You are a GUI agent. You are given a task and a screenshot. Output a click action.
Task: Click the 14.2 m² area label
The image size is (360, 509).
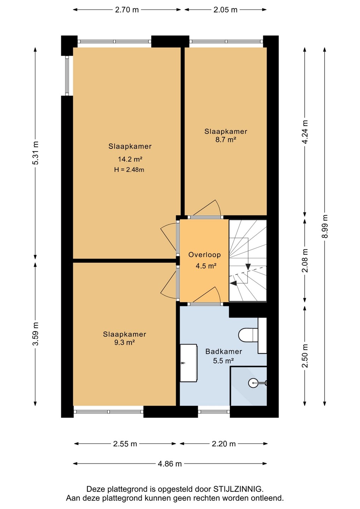coord(130,159)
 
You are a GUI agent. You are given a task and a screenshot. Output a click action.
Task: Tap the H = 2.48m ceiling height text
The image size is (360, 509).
coord(129,170)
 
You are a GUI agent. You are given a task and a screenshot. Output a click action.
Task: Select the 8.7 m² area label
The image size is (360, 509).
coord(226,140)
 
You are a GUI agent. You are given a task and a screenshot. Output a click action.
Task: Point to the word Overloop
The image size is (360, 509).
coord(204,255)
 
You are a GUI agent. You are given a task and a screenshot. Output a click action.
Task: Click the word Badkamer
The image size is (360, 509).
coord(223,351)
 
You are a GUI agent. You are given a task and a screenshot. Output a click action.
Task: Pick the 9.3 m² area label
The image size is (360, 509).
coord(124,342)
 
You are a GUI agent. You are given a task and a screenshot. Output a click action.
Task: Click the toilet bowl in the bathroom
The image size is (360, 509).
coord(248,335)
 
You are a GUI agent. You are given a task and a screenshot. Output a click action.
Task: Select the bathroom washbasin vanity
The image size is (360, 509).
coord(188,363)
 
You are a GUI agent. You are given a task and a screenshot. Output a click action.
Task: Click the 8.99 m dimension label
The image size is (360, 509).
coord(325,226)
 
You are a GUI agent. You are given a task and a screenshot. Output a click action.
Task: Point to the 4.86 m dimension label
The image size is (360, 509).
coord(170,463)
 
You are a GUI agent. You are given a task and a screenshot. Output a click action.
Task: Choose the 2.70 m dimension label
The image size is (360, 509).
coord(127,10)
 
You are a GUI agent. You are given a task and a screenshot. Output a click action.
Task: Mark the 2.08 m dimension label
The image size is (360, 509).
coord(305,260)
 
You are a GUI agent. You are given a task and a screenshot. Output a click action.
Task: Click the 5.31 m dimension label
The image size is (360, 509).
coord(35,153)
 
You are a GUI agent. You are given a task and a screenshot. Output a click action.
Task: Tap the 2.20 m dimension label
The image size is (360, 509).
coord(223,444)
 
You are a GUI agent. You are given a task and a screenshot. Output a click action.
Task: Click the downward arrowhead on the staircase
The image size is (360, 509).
coord(248,267)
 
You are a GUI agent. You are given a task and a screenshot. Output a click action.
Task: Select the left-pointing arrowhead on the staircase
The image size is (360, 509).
coord(233,283)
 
